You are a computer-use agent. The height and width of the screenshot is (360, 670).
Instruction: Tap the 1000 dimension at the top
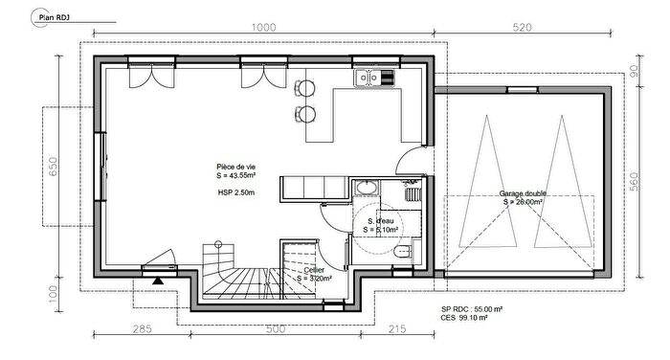(265, 28)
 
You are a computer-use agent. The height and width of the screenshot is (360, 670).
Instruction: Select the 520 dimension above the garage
(522, 28)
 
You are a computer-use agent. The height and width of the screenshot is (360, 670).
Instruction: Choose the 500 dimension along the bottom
(275, 328)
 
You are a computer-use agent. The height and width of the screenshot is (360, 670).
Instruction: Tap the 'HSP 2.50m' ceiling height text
(236, 192)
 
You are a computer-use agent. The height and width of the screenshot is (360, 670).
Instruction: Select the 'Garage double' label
(522, 194)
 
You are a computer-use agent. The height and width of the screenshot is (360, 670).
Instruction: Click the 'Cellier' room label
(314, 271)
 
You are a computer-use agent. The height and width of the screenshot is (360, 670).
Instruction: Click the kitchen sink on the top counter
(367, 79)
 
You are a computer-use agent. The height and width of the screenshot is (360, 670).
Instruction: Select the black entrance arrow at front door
(156, 280)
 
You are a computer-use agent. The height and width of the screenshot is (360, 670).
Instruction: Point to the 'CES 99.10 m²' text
(466, 319)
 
